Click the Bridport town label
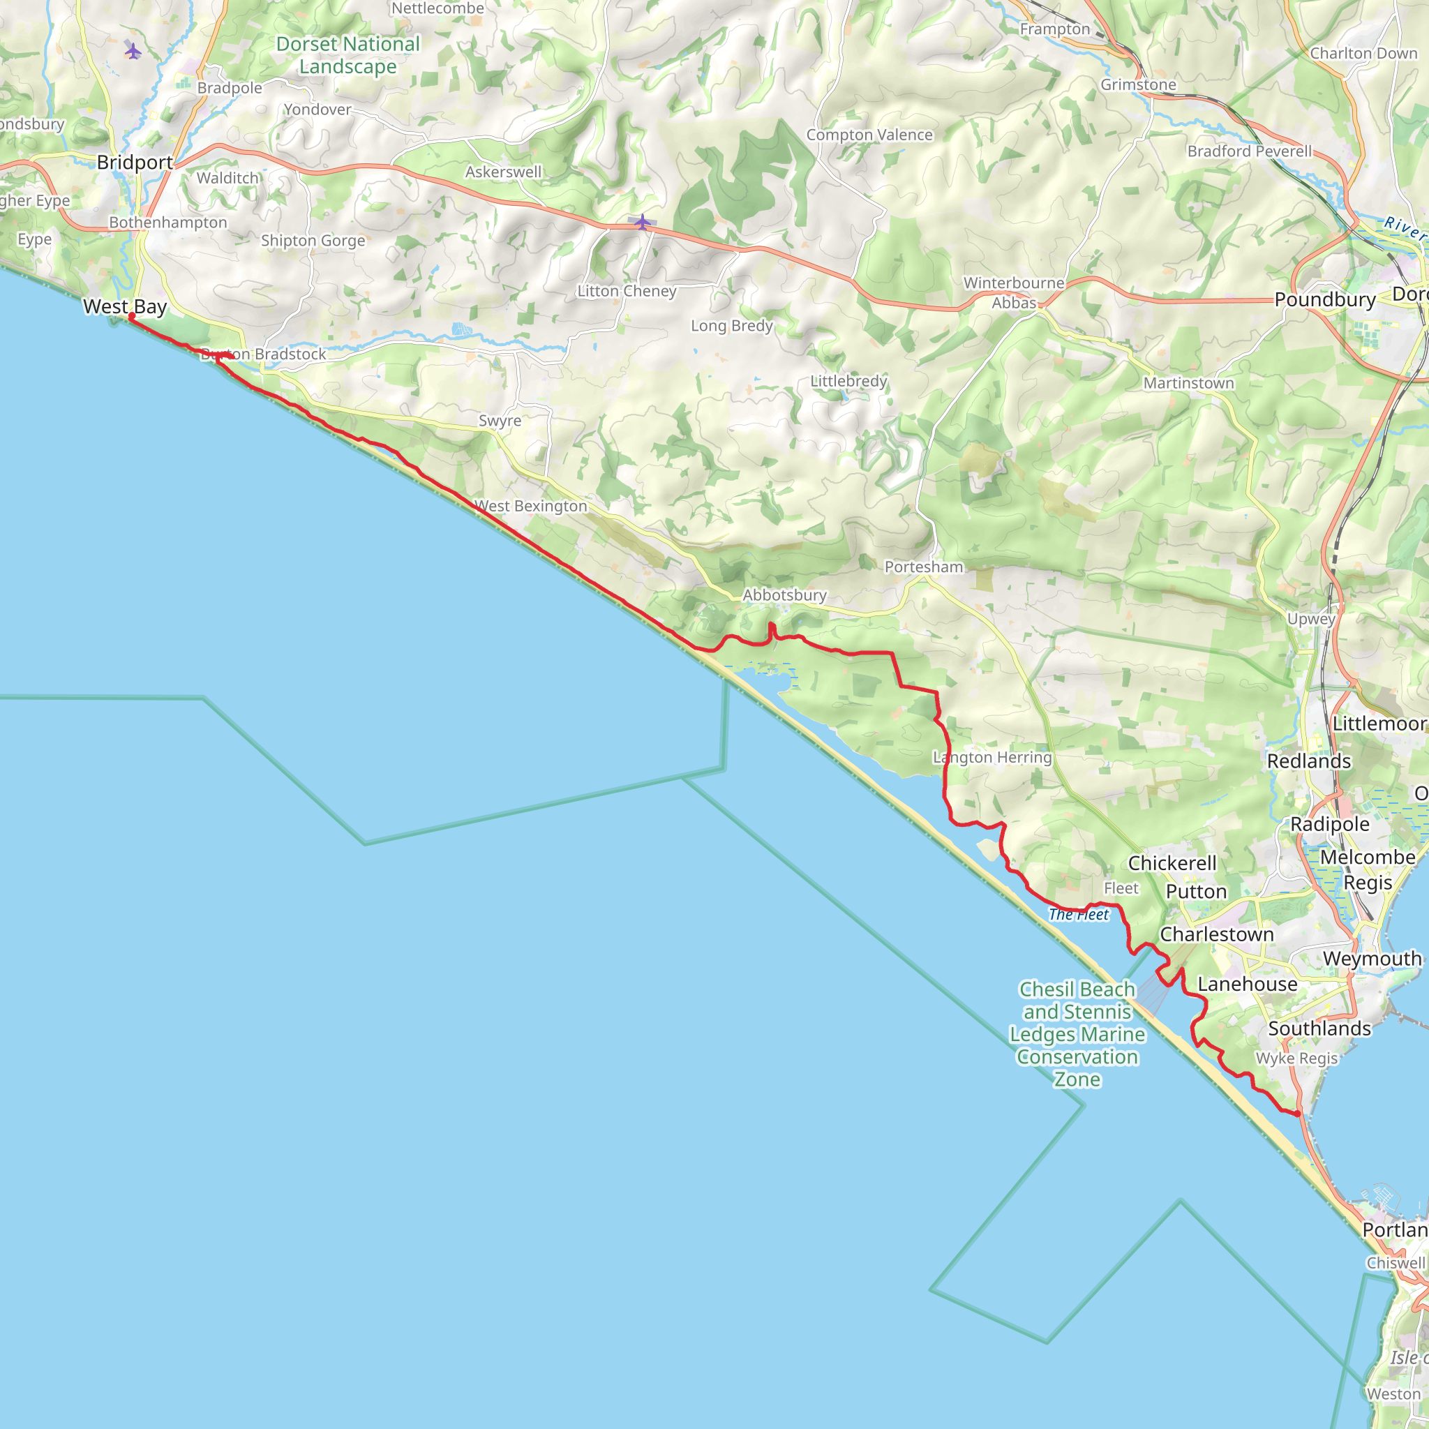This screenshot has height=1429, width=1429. pyautogui.click(x=135, y=163)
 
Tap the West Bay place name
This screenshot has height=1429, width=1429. pyautogui.click(x=124, y=306)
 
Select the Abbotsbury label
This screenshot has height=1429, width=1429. pyautogui.click(x=784, y=595)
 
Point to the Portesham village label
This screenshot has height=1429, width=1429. pyautogui.click(x=924, y=567)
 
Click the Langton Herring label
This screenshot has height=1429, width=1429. pyautogui.click(x=992, y=757)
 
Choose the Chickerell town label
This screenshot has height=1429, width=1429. pyautogui.click(x=1172, y=863)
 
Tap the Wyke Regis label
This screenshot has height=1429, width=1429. pyautogui.click(x=1296, y=1058)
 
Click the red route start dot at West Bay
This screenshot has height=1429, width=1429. pyautogui.click(x=132, y=317)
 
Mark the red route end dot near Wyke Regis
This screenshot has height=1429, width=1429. pyautogui.click(x=1297, y=1114)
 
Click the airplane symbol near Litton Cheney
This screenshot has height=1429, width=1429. pyautogui.click(x=642, y=221)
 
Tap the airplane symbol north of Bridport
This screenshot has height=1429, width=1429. pyautogui.click(x=133, y=51)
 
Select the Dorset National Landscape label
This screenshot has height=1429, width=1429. pyautogui.click(x=347, y=56)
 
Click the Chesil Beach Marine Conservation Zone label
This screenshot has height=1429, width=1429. pyautogui.click(x=1077, y=1034)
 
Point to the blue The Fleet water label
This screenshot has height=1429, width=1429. pyautogui.click(x=1079, y=915)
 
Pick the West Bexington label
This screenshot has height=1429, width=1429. pyautogui.click(x=530, y=507)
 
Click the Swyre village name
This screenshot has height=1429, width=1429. pyautogui.click(x=500, y=421)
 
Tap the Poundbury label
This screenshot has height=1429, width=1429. pyautogui.click(x=1325, y=300)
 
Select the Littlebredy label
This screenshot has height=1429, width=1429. pyautogui.click(x=848, y=382)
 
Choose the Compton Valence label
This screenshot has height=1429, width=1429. pyautogui.click(x=869, y=135)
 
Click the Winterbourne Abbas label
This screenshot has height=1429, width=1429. pyautogui.click(x=1014, y=293)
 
